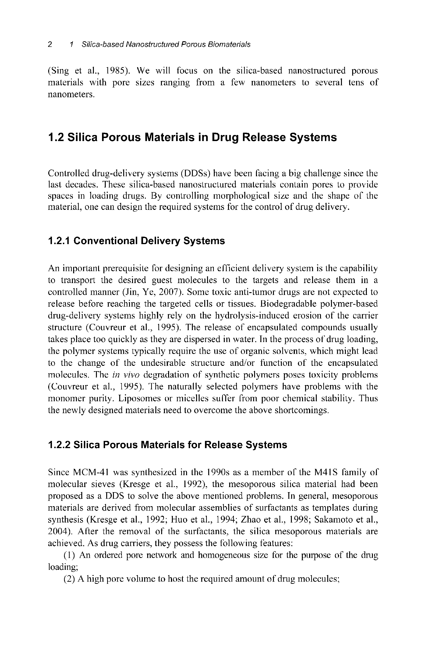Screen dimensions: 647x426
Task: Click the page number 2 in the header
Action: tap(50, 44)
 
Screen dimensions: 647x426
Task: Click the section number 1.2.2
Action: tap(59, 445)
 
